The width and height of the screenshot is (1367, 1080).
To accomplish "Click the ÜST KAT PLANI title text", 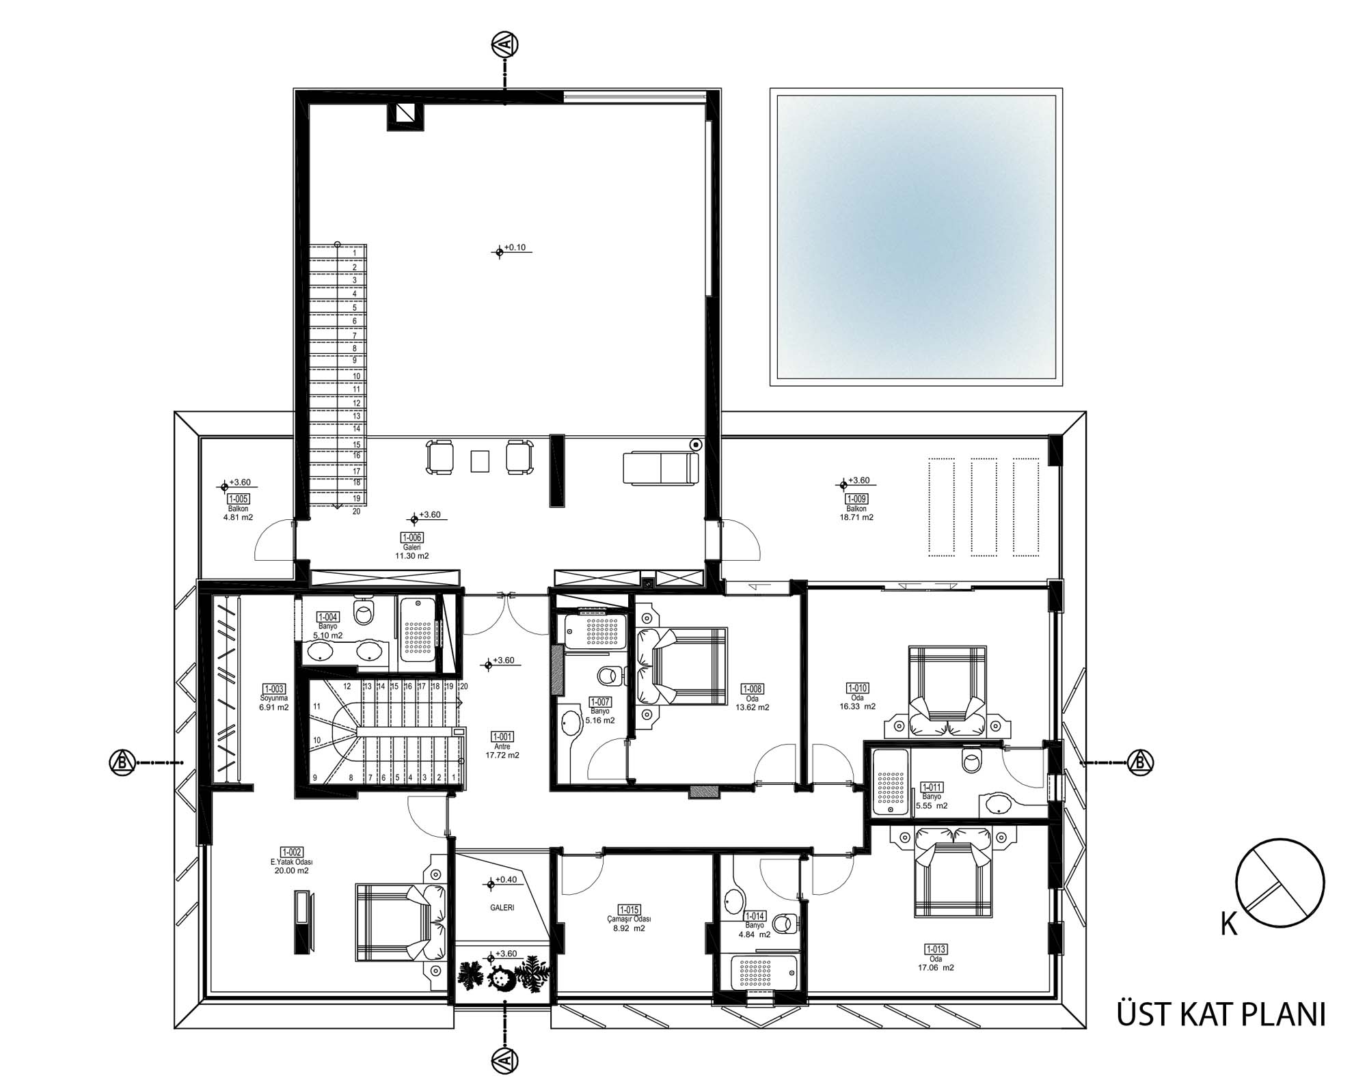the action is [x=1221, y=1014].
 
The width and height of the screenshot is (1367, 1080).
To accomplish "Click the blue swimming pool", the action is [x=916, y=237].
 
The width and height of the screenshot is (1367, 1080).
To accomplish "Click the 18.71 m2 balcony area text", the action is [x=856, y=517].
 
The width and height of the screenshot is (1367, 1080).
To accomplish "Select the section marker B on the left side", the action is [x=122, y=762].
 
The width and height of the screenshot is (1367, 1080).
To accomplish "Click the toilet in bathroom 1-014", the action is [x=789, y=923].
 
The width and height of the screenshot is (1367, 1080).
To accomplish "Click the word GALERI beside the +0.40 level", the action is [x=502, y=908].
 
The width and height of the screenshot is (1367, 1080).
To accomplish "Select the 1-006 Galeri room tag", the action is [x=412, y=537].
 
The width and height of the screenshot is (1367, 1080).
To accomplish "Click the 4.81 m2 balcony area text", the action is [x=238, y=517].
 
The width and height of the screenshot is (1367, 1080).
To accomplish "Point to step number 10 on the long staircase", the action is [x=356, y=376].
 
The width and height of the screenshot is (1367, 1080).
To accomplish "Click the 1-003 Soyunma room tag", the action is [x=274, y=689].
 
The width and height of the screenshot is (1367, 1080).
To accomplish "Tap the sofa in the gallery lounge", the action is [x=661, y=469].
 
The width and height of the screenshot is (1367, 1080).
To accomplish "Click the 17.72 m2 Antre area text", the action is [x=502, y=756].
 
